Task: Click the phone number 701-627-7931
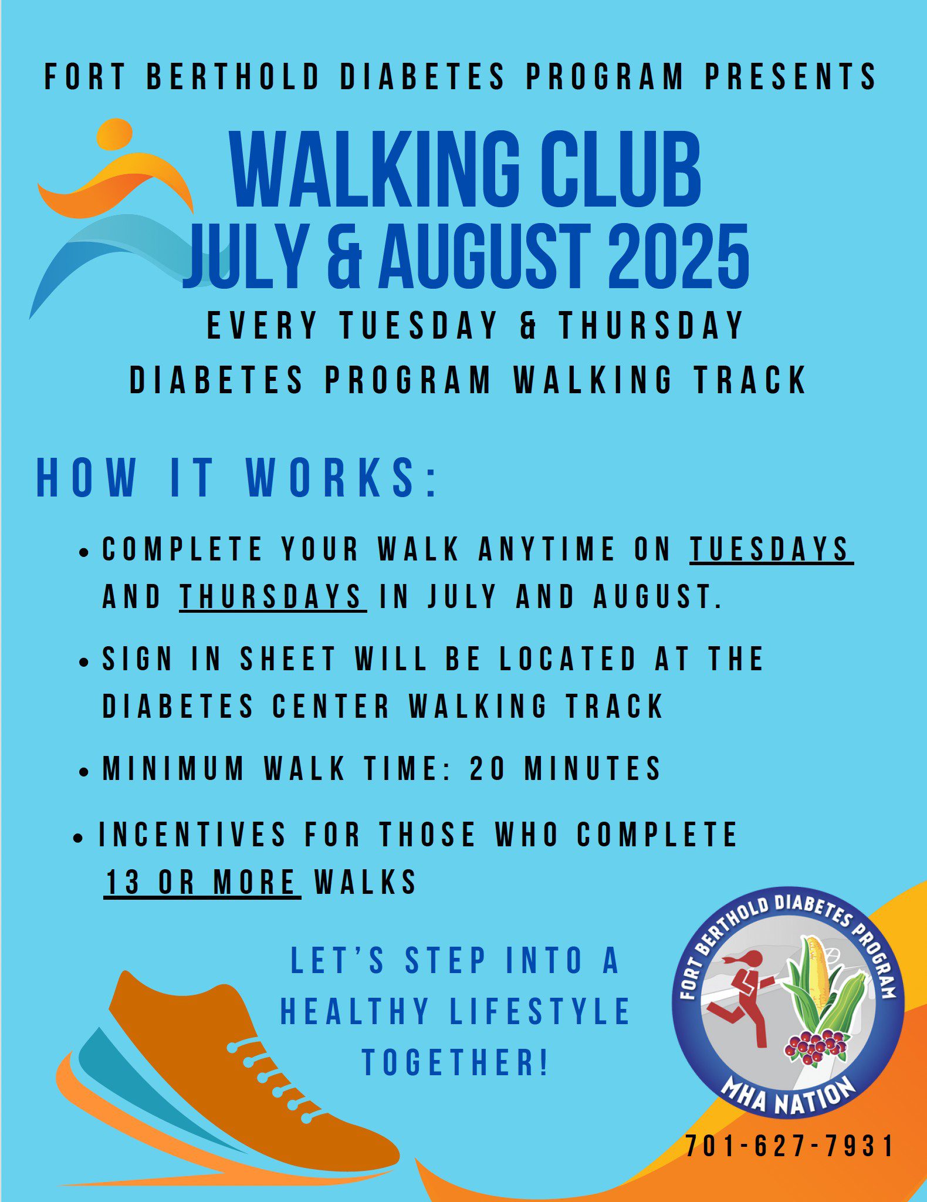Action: click(x=789, y=1146)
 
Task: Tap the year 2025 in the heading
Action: click(x=678, y=256)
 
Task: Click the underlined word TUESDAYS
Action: click(x=771, y=549)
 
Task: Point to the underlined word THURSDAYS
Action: click(x=273, y=597)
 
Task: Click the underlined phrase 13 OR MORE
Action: click(x=202, y=882)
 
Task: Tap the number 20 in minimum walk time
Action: click(x=488, y=768)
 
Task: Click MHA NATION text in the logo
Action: click(x=788, y=1096)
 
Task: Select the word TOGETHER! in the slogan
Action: click(x=455, y=1062)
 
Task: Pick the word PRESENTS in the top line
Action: click(x=790, y=76)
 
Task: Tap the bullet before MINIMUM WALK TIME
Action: click(x=84, y=772)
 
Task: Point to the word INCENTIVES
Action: click(x=192, y=834)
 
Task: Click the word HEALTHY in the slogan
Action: click(x=355, y=1011)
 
